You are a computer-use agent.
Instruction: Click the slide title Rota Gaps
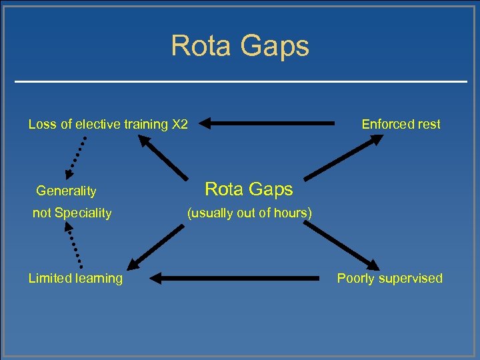point(240,46)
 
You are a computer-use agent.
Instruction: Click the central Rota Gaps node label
point(249,189)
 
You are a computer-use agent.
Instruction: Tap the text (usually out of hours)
point(249,213)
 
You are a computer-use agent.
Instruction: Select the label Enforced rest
point(401,124)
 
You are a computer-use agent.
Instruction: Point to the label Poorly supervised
point(389,278)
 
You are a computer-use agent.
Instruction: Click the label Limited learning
point(75,278)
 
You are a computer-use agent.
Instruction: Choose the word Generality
point(66,191)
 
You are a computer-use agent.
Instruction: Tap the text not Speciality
point(72,213)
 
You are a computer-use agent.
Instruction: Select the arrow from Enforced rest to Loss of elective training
point(267,123)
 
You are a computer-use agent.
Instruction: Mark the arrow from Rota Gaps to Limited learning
point(157,247)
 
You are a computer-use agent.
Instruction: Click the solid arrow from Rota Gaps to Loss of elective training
point(163,157)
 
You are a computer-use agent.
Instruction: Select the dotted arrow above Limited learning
point(75,244)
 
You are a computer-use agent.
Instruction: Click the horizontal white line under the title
point(240,81)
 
